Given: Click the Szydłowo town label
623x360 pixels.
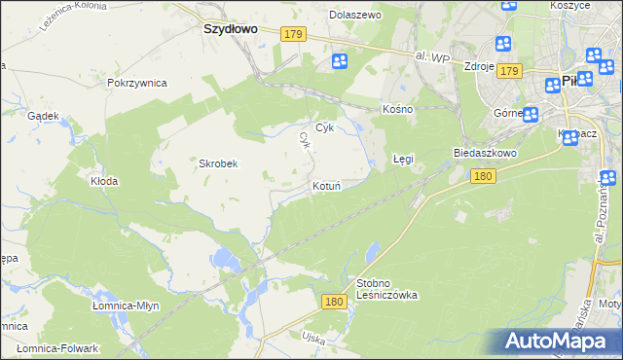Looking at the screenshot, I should (x=230, y=29).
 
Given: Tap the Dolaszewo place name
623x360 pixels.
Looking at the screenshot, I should (x=356, y=16).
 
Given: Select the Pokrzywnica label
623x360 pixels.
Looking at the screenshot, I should (x=138, y=84).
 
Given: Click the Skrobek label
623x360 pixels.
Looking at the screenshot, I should (x=219, y=163).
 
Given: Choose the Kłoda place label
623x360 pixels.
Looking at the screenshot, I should (x=104, y=181).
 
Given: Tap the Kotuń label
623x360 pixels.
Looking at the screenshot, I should (x=326, y=186).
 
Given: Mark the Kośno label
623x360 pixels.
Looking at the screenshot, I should (x=398, y=109).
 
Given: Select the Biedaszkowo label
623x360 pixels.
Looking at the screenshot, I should (x=484, y=154).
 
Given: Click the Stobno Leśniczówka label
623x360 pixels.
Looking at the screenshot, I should (x=386, y=289).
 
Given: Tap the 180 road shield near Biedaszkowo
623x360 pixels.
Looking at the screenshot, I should (x=484, y=176).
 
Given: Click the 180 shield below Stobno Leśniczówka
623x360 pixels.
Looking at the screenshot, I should (x=334, y=303).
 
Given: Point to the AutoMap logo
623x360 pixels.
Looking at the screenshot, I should (x=559, y=341).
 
